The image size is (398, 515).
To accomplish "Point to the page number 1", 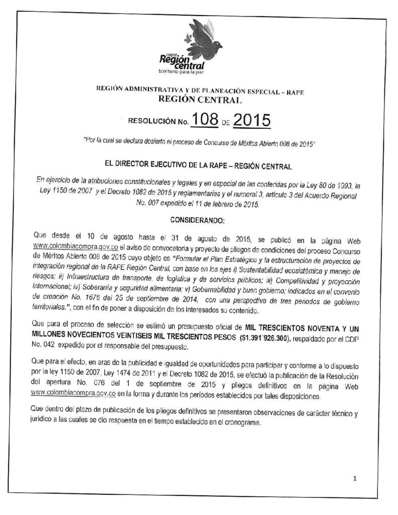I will pos(355,478).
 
